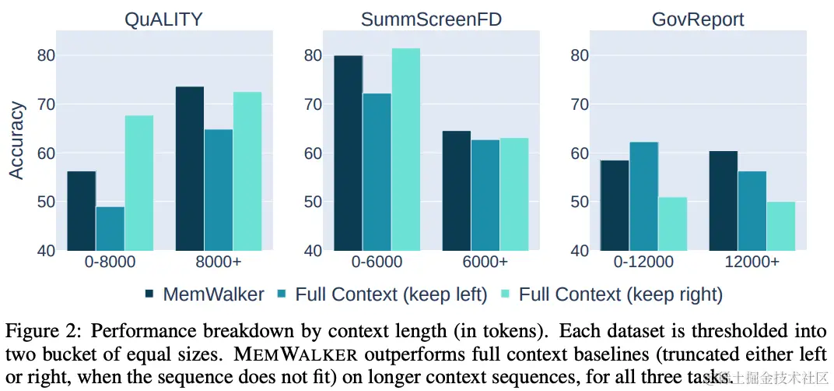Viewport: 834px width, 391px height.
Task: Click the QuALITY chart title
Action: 163,19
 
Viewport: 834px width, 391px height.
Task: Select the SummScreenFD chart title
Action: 430,19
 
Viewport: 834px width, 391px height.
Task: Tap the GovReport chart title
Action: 697,19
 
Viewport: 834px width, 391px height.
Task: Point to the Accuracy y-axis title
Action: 17,141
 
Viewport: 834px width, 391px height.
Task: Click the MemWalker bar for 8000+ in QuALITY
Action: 190,168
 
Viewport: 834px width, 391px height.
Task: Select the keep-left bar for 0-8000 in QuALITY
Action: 110,228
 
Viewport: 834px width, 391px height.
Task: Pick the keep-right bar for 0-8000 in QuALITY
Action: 139,183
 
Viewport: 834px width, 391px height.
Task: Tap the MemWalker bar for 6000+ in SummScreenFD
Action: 457,191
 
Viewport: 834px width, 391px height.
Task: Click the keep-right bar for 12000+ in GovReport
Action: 781,226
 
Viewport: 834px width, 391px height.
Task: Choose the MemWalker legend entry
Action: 205,294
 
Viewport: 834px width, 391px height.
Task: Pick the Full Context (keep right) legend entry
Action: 612,294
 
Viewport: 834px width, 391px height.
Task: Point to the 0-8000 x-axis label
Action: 110,262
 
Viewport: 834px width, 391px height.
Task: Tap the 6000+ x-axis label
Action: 485,262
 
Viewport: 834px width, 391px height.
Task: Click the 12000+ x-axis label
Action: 752,262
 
